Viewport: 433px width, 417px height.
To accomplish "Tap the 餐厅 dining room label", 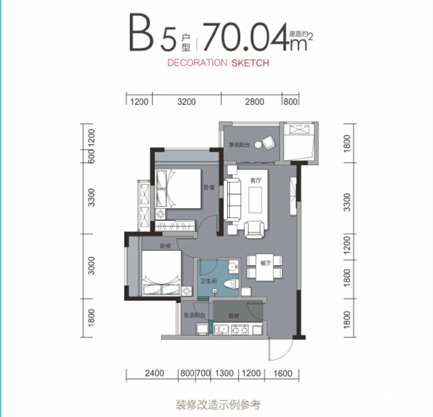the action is click(x=266, y=263).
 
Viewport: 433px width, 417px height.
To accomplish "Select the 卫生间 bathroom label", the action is click(x=209, y=281).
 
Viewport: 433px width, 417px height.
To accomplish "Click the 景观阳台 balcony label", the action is click(x=240, y=145).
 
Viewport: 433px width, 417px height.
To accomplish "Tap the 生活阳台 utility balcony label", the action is click(x=194, y=315).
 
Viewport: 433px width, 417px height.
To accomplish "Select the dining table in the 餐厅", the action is click(x=265, y=268).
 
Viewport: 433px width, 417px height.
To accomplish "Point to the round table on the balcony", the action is click(x=258, y=145).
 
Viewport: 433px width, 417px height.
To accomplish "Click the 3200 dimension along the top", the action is click(x=187, y=102).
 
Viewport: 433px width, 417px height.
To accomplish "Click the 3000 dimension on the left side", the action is click(x=91, y=266).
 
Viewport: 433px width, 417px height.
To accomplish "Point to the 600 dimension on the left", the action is click(x=91, y=156).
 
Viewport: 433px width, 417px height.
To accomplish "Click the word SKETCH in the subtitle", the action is click(x=250, y=63).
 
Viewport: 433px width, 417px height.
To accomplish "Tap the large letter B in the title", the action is click(x=142, y=32).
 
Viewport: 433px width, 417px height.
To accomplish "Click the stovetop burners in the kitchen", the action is click(x=240, y=330).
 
